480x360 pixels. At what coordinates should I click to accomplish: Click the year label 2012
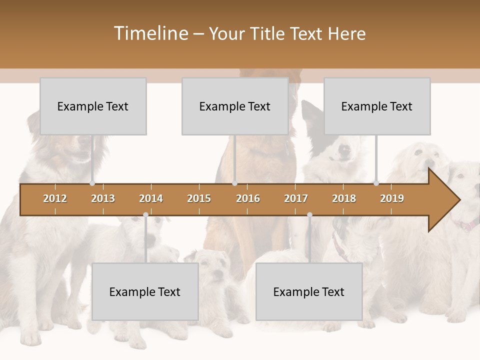(x=55, y=198)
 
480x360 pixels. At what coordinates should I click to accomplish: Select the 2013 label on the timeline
(x=103, y=198)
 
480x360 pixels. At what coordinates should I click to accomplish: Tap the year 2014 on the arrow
(x=151, y=198)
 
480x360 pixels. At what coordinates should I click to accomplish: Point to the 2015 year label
(x=199, y=198)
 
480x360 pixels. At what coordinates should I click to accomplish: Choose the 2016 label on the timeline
(x=248, y=198)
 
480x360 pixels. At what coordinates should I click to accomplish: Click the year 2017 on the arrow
(x=296, y=198)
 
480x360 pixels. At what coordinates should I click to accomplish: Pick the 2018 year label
(x=344, y=198)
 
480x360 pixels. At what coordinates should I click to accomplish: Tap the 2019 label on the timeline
(x=392, y=198)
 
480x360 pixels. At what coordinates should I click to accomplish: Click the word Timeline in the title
(x=150, y=33)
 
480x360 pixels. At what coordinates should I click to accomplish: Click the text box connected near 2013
(x=93, y=106)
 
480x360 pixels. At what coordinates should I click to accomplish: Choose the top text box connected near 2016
(x=235, y=106)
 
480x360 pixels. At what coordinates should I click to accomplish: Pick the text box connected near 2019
(x=377, y=106)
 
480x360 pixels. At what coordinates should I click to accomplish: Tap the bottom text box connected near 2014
(x=145, y=291)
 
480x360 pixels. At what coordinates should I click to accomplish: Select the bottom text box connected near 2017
(x=309, y=291)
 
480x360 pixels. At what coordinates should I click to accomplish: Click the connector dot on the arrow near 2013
(x=92, y=183)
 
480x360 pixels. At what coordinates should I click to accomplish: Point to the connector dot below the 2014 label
(x=145, y=215)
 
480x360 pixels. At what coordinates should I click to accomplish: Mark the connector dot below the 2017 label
(x=309, y=215)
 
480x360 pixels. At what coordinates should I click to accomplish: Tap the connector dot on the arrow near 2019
(x=376, y=183)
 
